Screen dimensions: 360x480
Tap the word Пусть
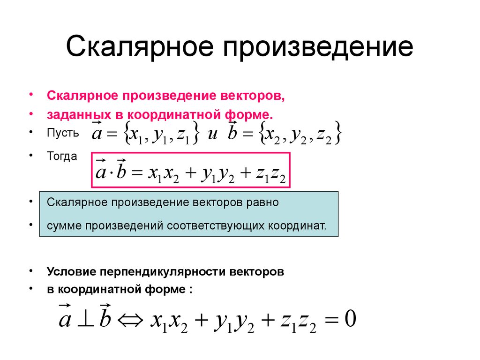tap(63, 133)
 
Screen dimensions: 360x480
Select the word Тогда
tap(62, 156)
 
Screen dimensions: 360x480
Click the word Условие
tap(69, 271)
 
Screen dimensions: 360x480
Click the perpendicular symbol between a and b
tap(86, 320)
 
